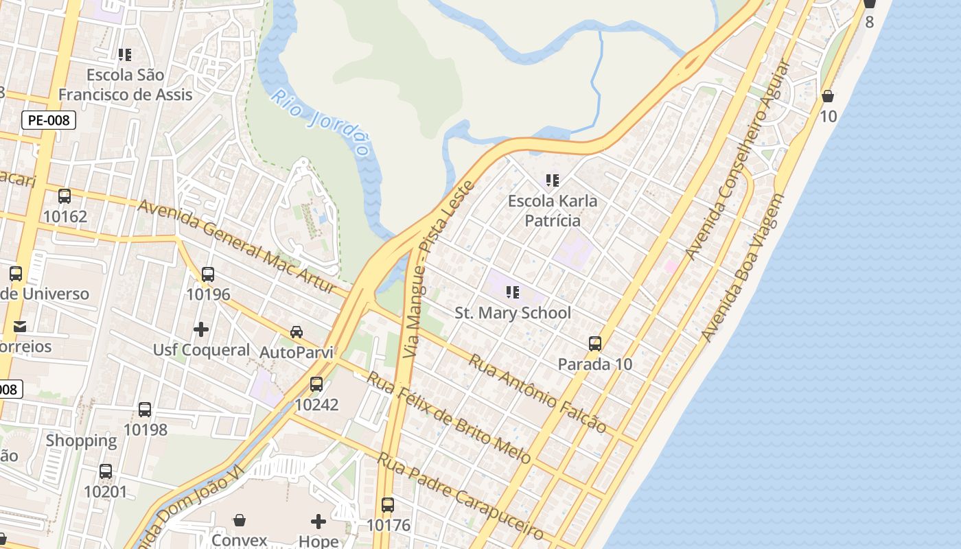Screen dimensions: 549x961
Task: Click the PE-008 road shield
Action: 48,121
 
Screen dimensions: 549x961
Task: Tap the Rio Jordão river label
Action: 321,122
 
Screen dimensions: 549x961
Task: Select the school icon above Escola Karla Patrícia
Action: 553,180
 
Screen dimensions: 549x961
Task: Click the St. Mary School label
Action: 513,313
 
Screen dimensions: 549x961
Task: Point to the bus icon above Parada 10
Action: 595,344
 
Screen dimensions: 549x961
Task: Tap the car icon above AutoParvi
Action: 297,332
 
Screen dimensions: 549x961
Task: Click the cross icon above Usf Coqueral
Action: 201,330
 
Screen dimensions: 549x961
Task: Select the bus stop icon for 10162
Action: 65,196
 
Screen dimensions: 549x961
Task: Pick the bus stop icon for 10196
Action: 208,274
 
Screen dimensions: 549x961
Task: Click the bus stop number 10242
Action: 316,405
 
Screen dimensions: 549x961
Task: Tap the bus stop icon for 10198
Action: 145,410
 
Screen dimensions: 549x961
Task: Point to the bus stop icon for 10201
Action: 106,471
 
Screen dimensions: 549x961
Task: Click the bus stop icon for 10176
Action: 388,505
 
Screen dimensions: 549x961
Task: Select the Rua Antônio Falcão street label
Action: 537,394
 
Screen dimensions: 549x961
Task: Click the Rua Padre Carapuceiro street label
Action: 461,496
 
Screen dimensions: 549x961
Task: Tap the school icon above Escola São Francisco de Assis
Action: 125,54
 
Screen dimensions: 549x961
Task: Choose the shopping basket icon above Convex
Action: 240,520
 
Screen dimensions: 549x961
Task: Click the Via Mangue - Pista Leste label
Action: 439,269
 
